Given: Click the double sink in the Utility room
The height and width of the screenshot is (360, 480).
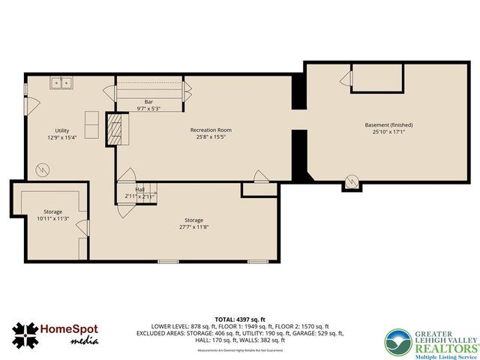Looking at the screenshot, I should click(x=61, y=82).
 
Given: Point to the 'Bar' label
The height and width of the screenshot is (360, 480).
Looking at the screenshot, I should click(x=148, y=101).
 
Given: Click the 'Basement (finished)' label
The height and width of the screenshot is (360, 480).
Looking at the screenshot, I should click(x=388, y=124).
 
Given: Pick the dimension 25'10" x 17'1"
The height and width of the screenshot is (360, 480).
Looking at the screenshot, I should click(x=388, y=132).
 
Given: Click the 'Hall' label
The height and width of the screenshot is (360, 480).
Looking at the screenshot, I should click(x=139, y=189).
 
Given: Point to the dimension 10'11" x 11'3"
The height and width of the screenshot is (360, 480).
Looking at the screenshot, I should click(x=52, y=218).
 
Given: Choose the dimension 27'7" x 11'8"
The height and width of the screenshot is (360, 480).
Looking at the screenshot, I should click(x=193, y=226).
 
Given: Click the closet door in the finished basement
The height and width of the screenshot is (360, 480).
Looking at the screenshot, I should click(x=346, y=78).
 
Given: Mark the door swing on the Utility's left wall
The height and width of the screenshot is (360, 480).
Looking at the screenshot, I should click(x=27, y=90).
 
